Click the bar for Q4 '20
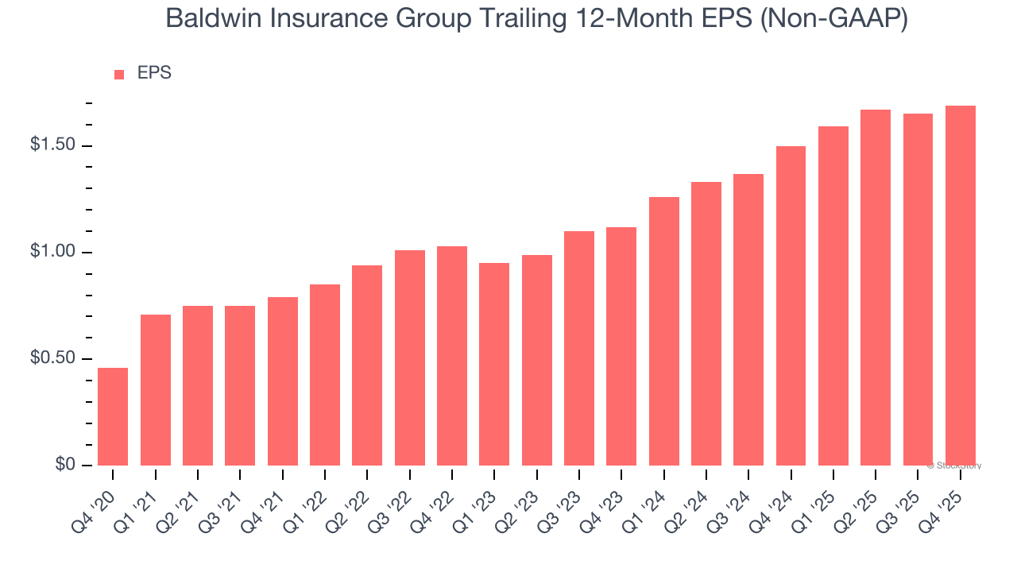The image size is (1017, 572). coord(113,416)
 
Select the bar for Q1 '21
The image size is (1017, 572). coord(156,390)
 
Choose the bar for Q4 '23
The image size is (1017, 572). coord(621,346)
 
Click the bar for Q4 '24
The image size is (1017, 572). coord(791,306)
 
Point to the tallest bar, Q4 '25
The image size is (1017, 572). coord(960,285)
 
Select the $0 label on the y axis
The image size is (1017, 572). coord(64,465)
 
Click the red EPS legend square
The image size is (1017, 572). coord(119,74)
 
